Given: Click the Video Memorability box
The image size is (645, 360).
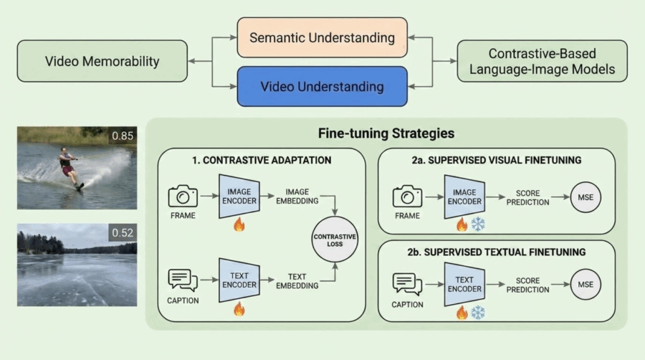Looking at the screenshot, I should (x=102, y=61).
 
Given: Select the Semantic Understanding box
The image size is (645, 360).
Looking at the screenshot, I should (x=322, y=37).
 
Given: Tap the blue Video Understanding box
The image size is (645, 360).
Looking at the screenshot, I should (x=322, y=87).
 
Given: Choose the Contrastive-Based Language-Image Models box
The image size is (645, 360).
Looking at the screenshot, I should (x=542, y=61).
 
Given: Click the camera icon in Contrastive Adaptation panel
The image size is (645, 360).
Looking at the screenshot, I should (x=183, y=195).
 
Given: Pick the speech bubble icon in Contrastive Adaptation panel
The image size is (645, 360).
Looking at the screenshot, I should (x=183, y=279).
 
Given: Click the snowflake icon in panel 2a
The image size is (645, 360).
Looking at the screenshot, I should (x=477, y=224).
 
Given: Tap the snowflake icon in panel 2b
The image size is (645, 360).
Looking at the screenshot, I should (x=477, y=313).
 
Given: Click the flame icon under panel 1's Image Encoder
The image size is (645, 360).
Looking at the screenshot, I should (x=239, y=224).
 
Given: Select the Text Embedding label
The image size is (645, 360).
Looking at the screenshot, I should (x=297, y=280).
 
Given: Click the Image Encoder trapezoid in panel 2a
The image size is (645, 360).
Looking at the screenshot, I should (x=464, y=196).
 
